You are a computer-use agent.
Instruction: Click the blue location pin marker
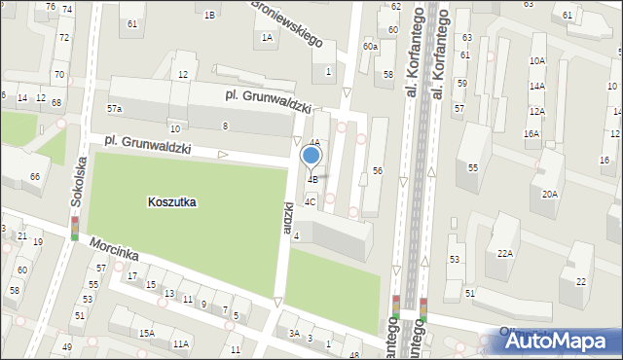click(311, 156)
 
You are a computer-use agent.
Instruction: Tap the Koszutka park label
click(172, 202)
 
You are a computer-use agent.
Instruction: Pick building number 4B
click(312, 179)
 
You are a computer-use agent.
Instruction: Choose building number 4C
click(310, 202)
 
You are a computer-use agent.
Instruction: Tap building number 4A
click(314, 142)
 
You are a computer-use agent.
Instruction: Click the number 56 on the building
click(377, 171)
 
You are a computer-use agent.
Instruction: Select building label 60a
click(370, 46)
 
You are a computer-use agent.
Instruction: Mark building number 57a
click(115, 109)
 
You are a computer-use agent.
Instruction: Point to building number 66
click(35, 176)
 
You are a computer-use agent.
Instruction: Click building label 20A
click(550, 194)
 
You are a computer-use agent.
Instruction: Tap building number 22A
click(505, 253)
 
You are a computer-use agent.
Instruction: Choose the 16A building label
click(531, 133)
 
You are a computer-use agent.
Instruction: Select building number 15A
click(146, 334)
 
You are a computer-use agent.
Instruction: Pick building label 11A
click(181, 343)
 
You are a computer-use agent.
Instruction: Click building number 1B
click(209, 15)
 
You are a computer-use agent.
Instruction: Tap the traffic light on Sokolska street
click(74, 229)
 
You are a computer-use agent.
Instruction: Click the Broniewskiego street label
click(287, 23)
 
